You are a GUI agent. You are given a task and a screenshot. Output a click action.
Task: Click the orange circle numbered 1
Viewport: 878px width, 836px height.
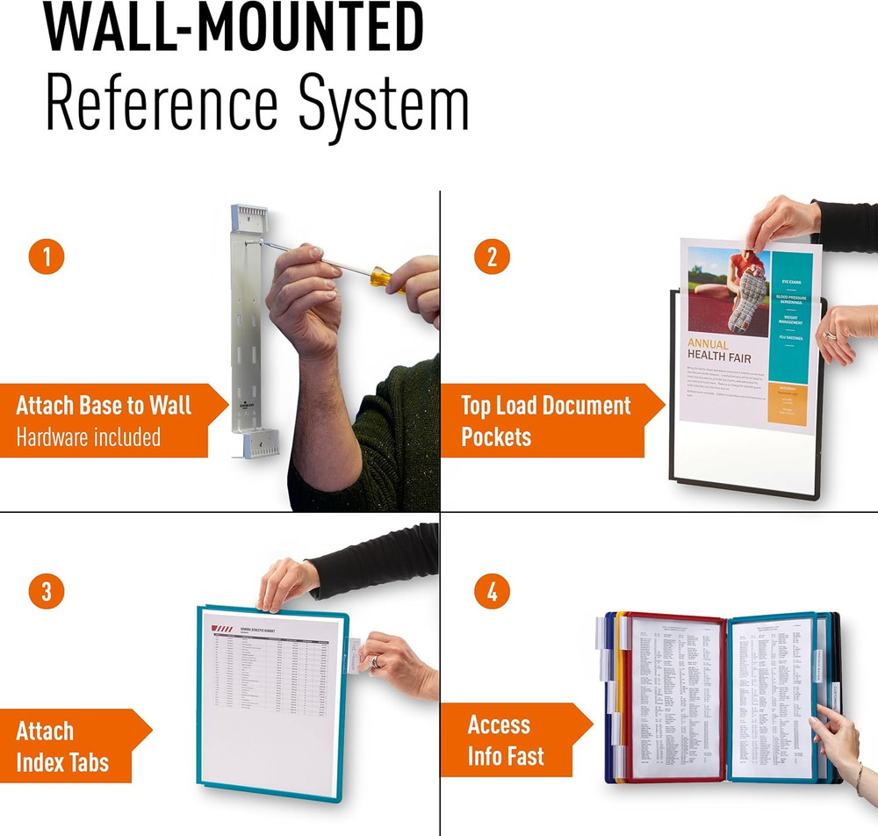click(x=47, y=256)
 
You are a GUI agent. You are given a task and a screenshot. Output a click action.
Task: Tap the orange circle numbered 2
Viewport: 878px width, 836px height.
click(x=492, y=256)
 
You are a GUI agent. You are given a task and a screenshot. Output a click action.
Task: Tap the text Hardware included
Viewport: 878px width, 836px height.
click(x=89, y=436)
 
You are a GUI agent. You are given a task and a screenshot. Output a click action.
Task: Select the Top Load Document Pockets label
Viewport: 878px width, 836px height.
click(x=545, y=420)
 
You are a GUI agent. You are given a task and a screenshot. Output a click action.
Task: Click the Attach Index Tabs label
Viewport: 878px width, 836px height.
click(x=61, y=746)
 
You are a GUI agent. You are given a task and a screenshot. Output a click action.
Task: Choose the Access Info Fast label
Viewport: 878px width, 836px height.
click(x=505, y=740)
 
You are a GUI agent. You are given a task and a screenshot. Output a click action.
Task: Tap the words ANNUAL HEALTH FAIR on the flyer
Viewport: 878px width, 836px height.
click(x=719, y=351)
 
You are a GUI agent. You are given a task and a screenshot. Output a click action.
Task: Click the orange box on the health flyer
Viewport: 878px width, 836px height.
click(x=787, y=404)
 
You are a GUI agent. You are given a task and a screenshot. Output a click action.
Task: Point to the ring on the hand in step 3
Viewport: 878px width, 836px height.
click(x=376, y=661)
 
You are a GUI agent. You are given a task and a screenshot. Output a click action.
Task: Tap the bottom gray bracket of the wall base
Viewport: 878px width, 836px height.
click(x=262, y=443)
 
